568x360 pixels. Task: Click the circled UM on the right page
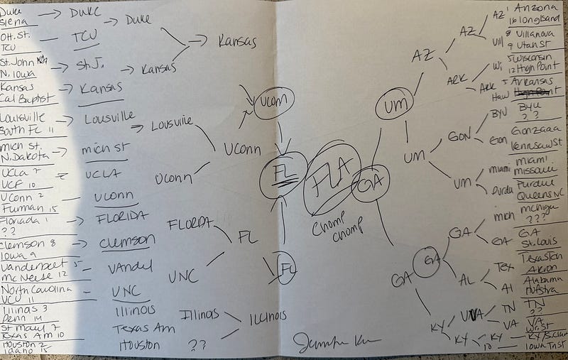click(x=394, y=107)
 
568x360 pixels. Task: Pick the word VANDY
click(x=129, y=268)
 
